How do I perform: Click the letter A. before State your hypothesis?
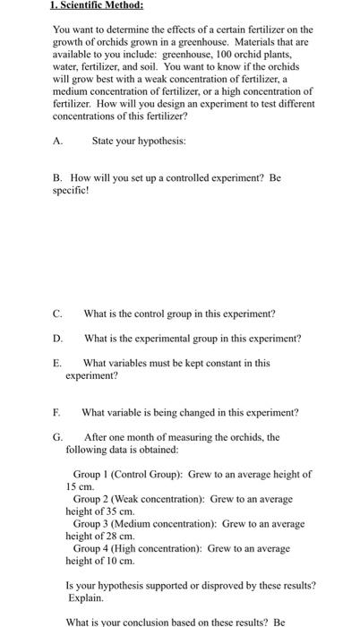pos(58,141)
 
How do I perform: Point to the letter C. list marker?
pos(58,313)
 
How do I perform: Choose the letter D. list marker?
pos(58,338)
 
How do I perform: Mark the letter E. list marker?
pos(58,363)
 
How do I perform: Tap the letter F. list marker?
pos(58,412)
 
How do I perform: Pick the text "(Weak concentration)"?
pos(159,498)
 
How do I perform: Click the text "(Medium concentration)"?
pos(165,523)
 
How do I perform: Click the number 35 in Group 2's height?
pos(111,511)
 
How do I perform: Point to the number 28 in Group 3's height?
pos(111,536)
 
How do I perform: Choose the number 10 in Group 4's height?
pos(111,560)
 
